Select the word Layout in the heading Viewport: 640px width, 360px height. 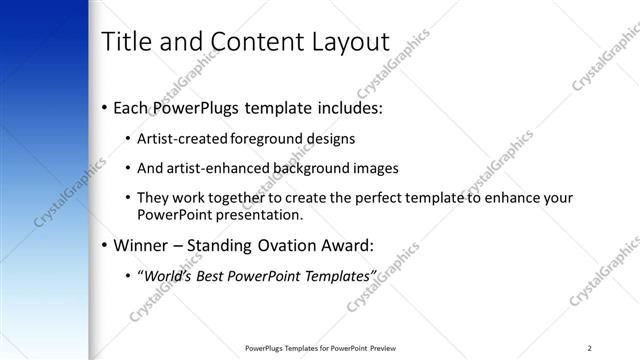point(350,42)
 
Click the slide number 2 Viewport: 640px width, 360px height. point(590,347)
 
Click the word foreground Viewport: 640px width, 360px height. point(263,137)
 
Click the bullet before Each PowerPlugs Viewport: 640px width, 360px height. point(105,107)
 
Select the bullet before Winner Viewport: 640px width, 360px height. point(105,245)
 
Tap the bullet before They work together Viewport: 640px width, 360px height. point(128,198)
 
